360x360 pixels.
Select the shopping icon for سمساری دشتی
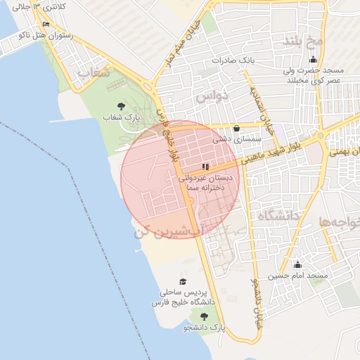point(235,129)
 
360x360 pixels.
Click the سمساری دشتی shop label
point(234,140)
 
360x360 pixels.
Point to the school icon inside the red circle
point(205,167)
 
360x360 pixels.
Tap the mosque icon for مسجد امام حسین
point(297,265)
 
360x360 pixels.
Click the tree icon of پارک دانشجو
point(204,316)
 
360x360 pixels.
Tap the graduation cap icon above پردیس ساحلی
point(173,281)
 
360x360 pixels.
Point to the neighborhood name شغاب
point(93,72)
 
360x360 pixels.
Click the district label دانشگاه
point(279,214)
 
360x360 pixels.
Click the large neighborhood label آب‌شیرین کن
point(168,229)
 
